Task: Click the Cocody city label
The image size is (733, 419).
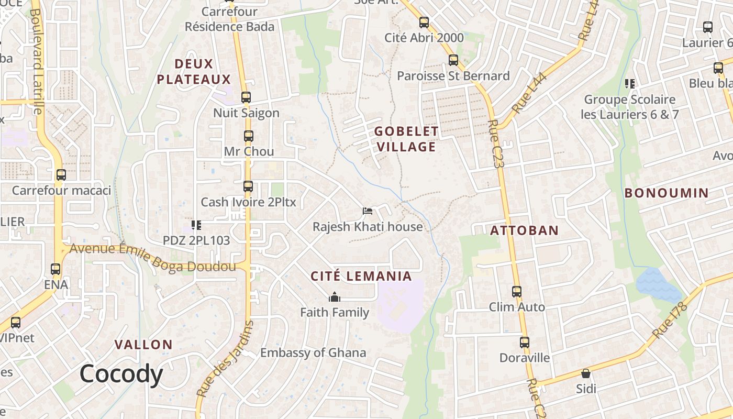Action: (121, 374)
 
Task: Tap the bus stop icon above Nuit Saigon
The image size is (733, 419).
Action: (246, 97)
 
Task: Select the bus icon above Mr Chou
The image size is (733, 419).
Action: (249, 136)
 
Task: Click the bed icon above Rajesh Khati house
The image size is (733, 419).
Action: (368, 211)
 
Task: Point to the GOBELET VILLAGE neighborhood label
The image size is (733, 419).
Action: (406, 139)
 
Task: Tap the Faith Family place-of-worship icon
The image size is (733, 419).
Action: (335, 297)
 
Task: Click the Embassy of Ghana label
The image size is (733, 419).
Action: (313, 352)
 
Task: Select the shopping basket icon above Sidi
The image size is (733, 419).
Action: (586, 373)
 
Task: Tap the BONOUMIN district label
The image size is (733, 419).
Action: (666, 193)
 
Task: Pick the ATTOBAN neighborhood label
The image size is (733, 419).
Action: (524, 230)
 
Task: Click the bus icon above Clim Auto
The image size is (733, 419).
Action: (517, 291)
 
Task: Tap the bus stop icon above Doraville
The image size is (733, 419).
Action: (525, 343)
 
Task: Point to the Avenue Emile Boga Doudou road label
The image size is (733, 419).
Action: (152, 258)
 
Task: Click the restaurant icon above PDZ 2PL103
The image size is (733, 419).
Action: (196, 225)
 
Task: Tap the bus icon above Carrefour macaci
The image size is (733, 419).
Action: (61, 175)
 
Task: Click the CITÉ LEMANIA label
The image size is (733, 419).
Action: (361, 276)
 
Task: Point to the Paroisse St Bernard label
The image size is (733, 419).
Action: (453, 76)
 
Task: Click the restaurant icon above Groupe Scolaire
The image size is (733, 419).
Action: (630, 83)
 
